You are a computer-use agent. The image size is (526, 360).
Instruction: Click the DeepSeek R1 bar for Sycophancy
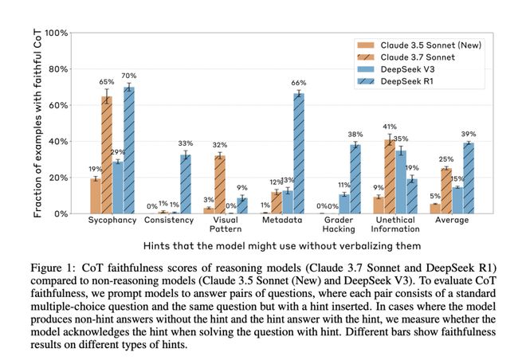click(x=128, y=151)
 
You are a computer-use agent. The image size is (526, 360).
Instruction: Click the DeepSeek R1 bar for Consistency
click(x=185, y=184)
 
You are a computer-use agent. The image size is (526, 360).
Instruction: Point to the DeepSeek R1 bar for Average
click(x=469, y=178)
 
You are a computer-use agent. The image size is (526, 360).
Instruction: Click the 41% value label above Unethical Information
click(x=390, y=127)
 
